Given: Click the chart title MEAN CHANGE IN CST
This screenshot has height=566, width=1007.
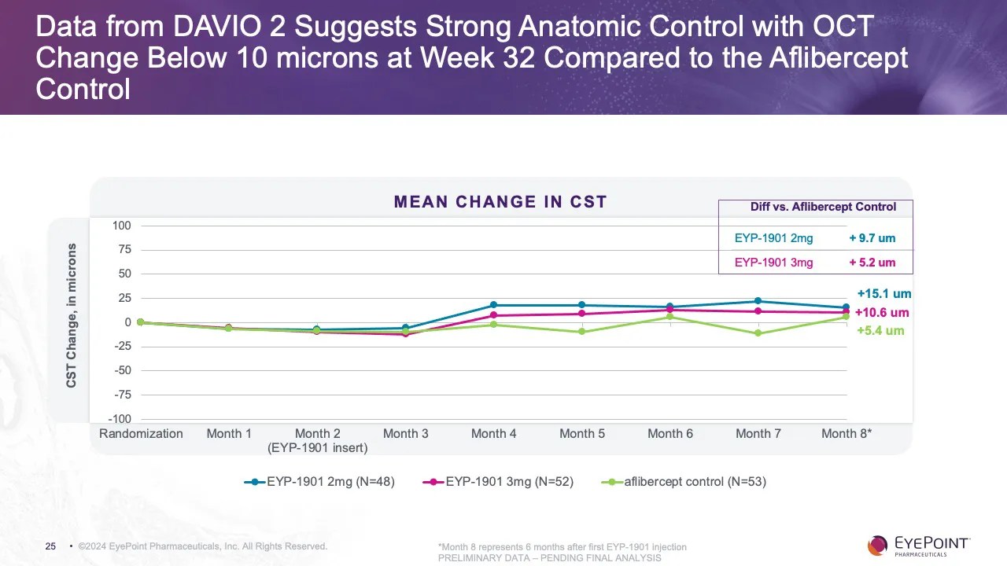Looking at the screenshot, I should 500,202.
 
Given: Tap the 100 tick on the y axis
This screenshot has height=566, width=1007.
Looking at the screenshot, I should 121,226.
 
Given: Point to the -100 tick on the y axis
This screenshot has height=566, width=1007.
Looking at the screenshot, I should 119,420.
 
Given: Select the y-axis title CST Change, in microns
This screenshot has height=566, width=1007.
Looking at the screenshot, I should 72,315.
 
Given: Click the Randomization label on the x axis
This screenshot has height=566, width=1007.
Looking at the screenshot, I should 141,434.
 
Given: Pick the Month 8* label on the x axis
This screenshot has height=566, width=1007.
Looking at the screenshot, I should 847,434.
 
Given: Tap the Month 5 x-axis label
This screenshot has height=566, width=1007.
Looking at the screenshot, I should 582,434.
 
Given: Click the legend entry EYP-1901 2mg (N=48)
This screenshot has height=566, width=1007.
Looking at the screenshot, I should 319,482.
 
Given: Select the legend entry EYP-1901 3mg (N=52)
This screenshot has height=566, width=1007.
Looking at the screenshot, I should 498,482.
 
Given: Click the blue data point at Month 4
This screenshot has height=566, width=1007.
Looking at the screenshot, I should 493,305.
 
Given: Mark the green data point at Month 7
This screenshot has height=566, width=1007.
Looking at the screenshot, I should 758,333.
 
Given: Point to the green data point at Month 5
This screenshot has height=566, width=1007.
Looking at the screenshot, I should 582,332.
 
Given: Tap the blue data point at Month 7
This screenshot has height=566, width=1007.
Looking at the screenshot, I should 758,301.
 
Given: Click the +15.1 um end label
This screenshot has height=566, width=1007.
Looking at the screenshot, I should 884,294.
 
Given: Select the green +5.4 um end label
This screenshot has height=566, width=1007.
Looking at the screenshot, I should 880,331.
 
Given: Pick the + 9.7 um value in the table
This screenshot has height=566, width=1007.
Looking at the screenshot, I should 872,238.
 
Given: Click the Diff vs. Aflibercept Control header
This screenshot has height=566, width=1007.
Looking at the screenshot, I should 823,208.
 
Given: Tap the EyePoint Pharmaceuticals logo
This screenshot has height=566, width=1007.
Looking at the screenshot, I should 919,545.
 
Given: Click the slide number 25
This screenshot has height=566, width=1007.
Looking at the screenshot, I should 50,546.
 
